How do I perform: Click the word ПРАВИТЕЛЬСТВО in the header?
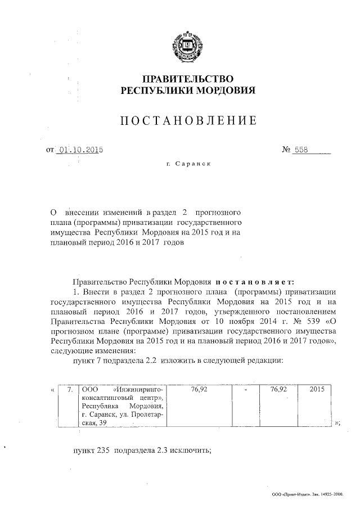(188, 78)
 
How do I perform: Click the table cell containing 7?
(70, 389)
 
